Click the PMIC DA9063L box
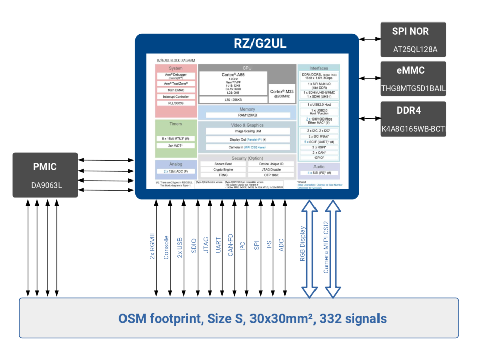pos(45,174)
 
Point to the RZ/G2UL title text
pos(260,44)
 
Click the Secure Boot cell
pos(223,164)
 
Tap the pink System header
pos(176,68)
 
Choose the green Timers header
pos(176,124)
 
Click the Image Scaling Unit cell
pos(247,131)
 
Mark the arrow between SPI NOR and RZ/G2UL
pos(369,39)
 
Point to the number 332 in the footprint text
pos(330,319)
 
